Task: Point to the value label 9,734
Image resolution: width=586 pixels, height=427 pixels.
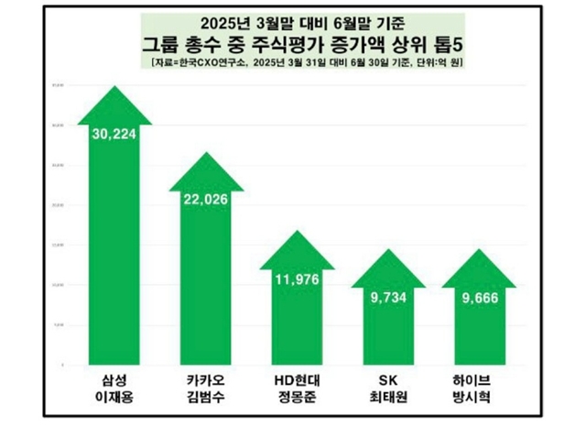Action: point(386,298)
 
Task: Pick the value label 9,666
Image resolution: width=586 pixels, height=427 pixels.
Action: point(477,298)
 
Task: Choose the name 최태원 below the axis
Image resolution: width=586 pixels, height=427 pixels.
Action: point(386,399)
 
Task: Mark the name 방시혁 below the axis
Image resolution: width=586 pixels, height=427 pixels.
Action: point(477,399)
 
